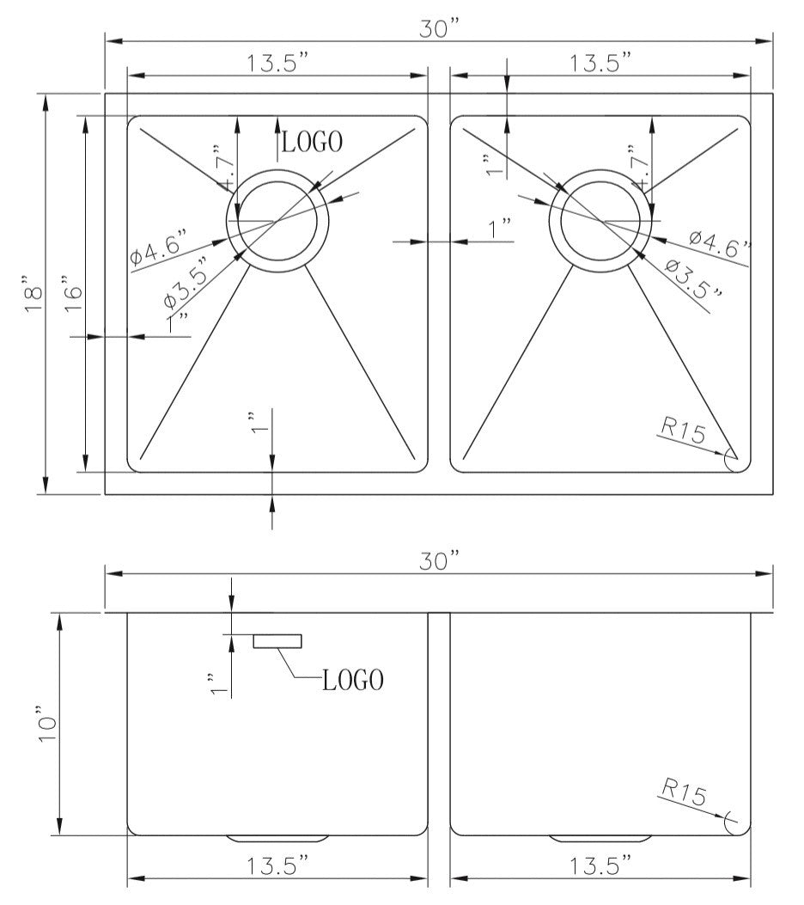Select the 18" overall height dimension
point(33,296)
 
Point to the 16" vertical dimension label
point(72,294)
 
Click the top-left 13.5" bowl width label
point(277,64)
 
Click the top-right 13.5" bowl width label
point(600,64)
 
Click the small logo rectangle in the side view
point(277,640)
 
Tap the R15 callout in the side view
point(683,791)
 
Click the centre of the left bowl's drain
point(277,221)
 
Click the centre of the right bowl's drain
point(600,221)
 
